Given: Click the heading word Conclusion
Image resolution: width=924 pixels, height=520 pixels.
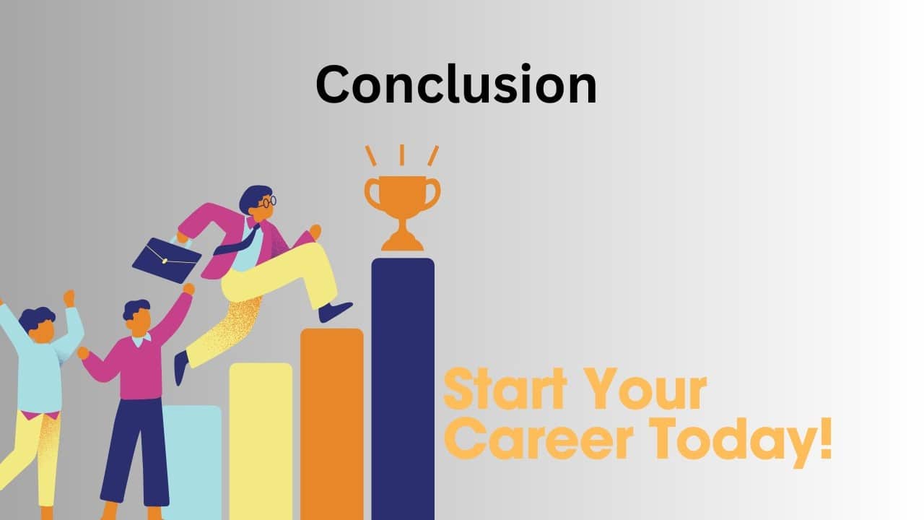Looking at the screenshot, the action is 456,84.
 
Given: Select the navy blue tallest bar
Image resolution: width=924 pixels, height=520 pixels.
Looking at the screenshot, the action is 403,389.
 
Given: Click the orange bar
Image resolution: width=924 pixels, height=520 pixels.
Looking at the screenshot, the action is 331,424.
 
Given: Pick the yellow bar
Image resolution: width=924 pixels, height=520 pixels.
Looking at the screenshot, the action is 261,441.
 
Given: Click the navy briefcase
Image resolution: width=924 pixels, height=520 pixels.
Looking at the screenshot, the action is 167,260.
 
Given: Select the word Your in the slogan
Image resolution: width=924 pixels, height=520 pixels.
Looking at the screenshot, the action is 646,389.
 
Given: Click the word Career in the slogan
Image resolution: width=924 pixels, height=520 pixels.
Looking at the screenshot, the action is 539,438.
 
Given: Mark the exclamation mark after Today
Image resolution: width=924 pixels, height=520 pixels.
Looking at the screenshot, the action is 826,438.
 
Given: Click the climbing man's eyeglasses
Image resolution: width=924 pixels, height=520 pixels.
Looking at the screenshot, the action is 268,202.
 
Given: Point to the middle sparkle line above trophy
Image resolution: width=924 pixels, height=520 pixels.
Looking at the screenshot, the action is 402,155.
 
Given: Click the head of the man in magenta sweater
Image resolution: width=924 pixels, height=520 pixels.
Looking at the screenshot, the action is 138,316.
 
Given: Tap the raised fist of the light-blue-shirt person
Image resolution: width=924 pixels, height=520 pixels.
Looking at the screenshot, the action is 69,298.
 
